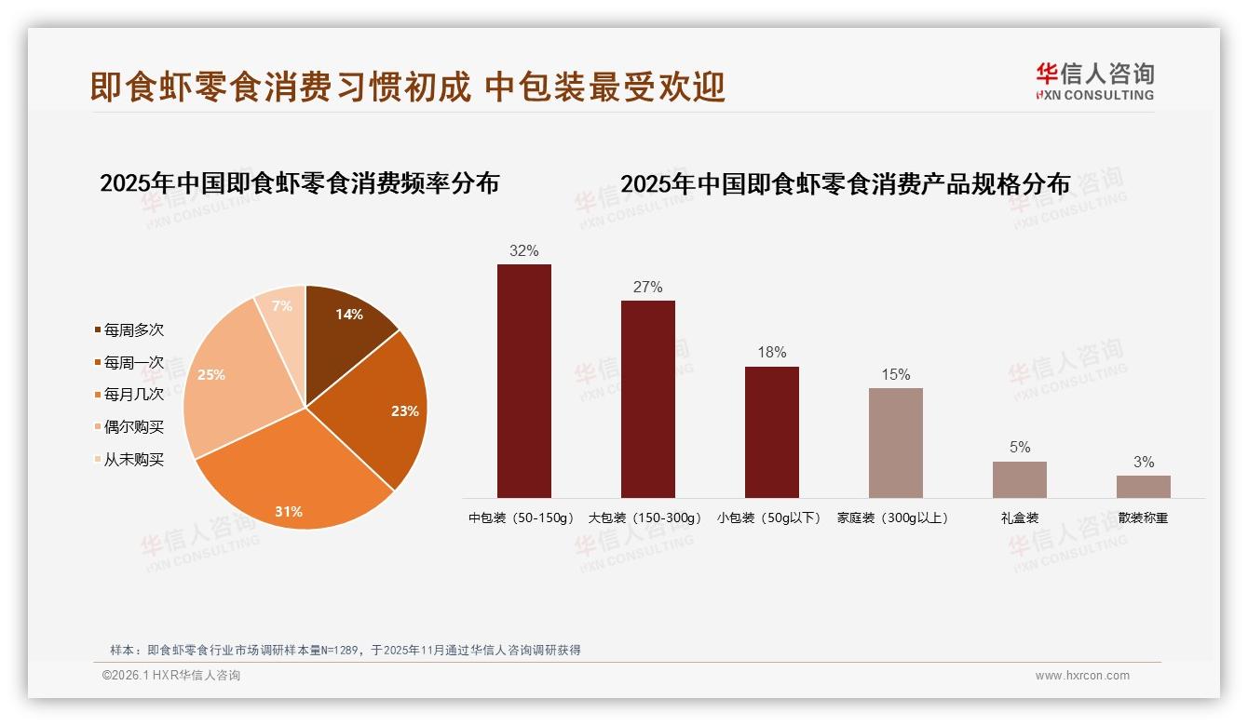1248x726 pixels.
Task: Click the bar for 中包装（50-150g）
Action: [x=523, y=381]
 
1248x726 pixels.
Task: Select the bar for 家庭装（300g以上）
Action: [x=895, y=442]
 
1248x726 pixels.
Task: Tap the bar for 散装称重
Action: [x=1143, y=486]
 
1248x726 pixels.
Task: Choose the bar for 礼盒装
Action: [x=1019, y=479]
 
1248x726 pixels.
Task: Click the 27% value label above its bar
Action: [x=647, y=288]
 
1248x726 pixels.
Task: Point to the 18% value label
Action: [x=771, y=353]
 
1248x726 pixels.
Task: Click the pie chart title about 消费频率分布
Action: [x=299, y=183]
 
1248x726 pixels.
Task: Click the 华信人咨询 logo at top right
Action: [x=1094, y=81]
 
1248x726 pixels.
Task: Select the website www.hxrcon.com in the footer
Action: [x=1082, y=676]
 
